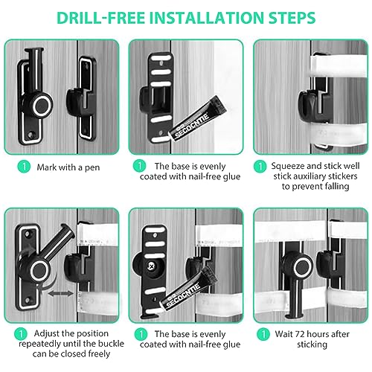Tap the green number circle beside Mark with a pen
tap(25, 167)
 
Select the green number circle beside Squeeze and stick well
tap(261, 167)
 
